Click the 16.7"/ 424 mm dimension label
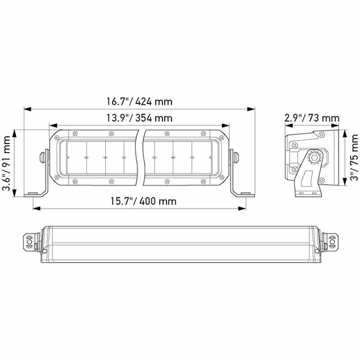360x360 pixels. click(x=138, y=100)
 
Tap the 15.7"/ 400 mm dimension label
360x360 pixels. click(x=138, y=201)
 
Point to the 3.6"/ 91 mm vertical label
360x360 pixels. click(x=8, y=163)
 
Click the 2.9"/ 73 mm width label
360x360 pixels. click(x=311, y=118)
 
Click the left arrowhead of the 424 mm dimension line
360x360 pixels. click(x=26, y=109)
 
